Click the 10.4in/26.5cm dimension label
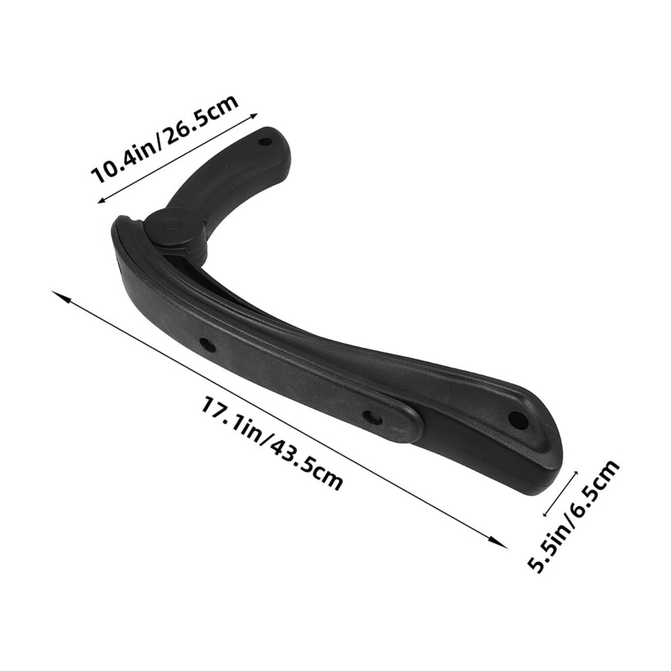coord(165,140)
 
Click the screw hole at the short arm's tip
coord(266,141)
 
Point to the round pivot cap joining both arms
coord(171,227)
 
